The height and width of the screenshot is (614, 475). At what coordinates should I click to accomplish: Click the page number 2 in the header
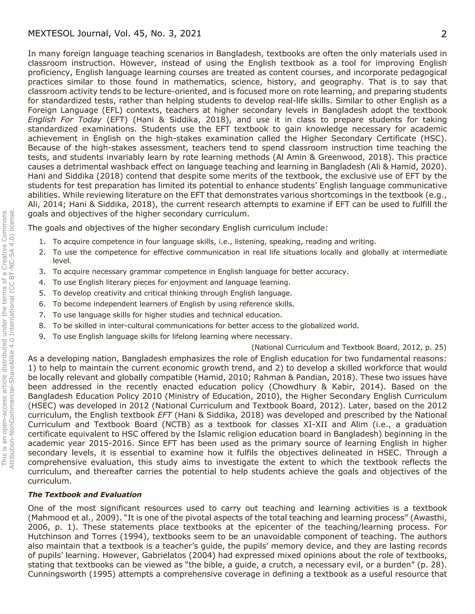[443, 34]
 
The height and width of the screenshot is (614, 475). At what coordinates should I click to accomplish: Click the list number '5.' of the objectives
[42, 293]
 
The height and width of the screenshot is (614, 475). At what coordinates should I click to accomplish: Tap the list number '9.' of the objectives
[42, 336]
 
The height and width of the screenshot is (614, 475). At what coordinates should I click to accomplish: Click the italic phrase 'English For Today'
[64, 120]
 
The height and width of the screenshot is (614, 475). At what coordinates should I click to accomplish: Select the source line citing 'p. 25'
[349, 348]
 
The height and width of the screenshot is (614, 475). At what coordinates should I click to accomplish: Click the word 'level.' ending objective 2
[62, 261]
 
